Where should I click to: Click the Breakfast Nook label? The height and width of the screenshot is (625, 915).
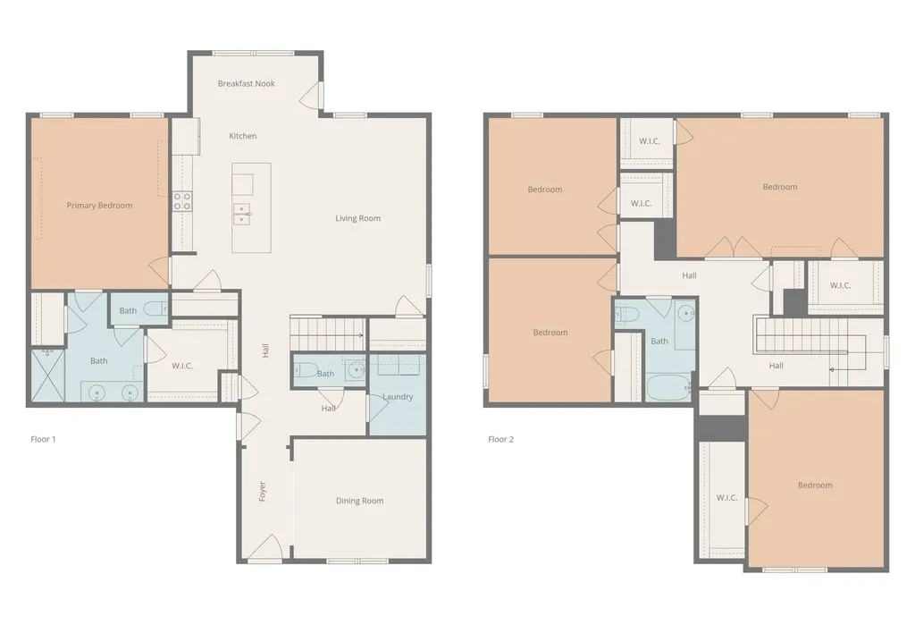(247, 83)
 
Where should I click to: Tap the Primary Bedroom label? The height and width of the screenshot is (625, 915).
(99, 206)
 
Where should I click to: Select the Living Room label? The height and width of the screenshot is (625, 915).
(357, 218)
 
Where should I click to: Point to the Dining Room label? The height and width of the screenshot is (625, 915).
(359, 501)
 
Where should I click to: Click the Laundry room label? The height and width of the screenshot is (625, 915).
(398, 397)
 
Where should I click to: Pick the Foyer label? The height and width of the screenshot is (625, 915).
(263, 491)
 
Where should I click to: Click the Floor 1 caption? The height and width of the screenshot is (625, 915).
(43, 439)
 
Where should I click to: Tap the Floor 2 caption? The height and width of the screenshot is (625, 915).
(500, 439)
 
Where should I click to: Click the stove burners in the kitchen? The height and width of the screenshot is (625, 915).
(182, 201)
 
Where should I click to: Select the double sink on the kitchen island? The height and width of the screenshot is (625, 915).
(242, 215)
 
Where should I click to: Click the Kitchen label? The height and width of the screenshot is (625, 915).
(243, 136)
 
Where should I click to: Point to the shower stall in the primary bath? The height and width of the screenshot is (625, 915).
(47, 375)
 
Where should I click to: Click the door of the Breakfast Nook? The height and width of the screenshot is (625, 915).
(310, 94)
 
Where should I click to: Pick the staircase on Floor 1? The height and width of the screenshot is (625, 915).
(327, 334)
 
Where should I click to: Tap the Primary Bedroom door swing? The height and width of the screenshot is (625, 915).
(159, 272)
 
